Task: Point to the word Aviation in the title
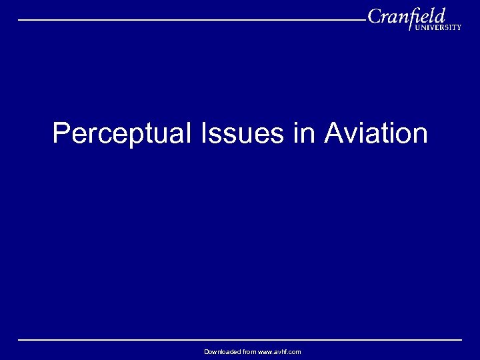pos(376,133)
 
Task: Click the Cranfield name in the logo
pos(406,17)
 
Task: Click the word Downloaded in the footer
pos(221,351)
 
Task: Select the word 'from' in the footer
pos(249,351)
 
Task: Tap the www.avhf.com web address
pos(280,351)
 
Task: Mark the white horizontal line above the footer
pos(240,340)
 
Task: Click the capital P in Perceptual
pos(61,133)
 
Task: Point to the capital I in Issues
pos(202,133)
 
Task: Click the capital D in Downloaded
pos(207,351)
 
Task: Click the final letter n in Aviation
pos(420,135)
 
